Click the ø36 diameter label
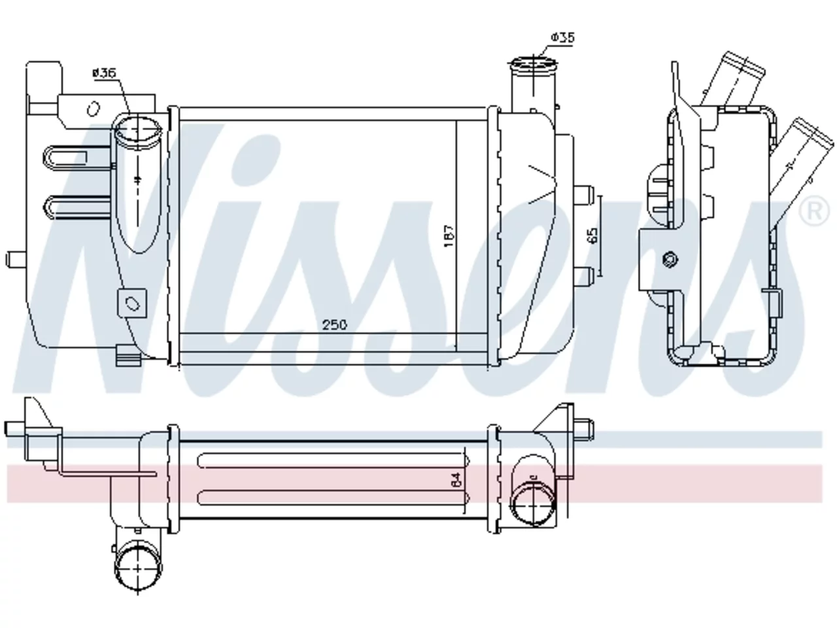pyautogui.click(x=104, y=73)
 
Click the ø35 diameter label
pyautogui.click(x=562, y=37)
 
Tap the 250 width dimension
pyautogui.click(x=335, y=325)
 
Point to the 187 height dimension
pyautogui.click(x=450, y=236)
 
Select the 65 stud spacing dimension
pyautogui.click(x=593, y=235)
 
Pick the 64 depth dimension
pyautogui.click(x=456, y=479)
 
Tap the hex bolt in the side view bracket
pyautogui.click(x=671, y=260)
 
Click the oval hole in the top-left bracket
pyautogui.click(x=93, y=109)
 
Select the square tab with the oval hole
pyautogui.click(x=132, y=303)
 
